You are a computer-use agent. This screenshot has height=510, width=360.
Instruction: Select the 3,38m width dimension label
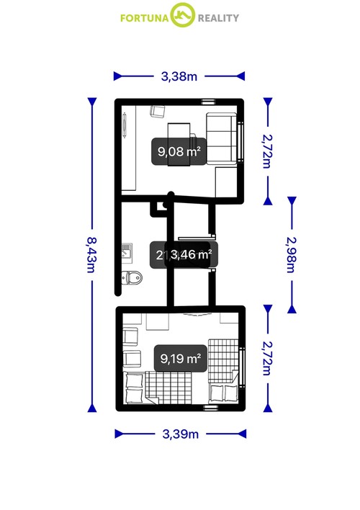point(179,74)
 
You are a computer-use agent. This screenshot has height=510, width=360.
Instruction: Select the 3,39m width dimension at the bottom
point(180,434)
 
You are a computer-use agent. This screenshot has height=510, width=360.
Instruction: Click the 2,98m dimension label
point(292,254)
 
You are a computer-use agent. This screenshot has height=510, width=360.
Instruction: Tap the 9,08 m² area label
point(179,151)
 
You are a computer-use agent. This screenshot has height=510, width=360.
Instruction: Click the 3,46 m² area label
point(189,254)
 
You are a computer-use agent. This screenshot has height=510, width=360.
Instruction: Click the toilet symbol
point(132,277)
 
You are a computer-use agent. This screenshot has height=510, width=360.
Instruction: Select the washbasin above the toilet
point(127,251)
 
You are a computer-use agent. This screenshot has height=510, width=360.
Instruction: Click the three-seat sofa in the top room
point(223,139)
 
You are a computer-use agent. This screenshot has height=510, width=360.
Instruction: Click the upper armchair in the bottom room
point(131,336)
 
